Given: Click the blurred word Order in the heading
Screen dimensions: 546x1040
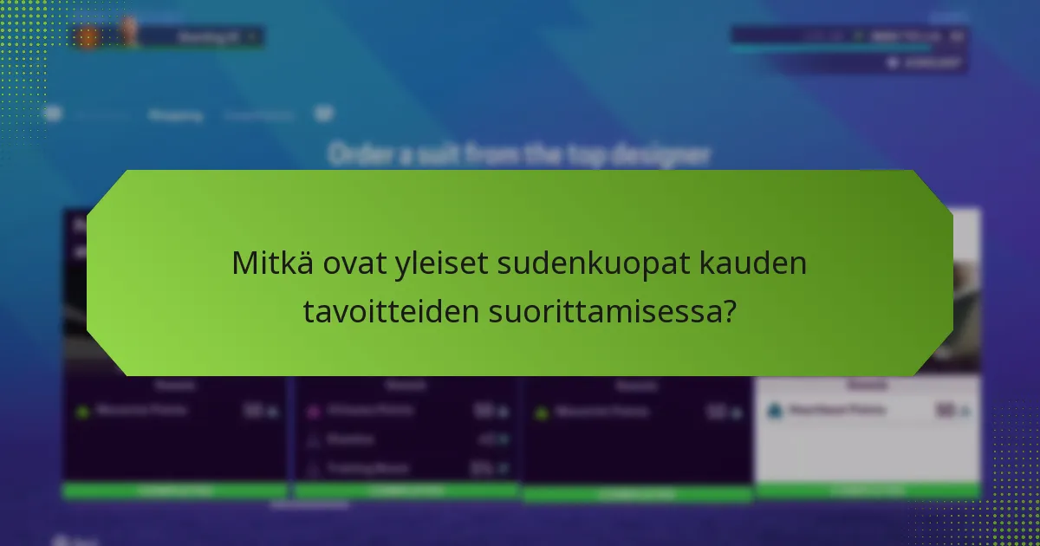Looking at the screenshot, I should [x=357, y=155].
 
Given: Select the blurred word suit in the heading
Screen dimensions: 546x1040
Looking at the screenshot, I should [x=443, y=155].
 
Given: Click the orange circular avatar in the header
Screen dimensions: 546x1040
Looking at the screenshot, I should [x=88, y=36].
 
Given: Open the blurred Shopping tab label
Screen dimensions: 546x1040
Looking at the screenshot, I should [x=174, y=114].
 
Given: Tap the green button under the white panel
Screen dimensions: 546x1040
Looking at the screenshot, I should [x=867, y=491].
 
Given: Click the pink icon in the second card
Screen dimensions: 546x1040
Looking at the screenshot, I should [x=313, y=411].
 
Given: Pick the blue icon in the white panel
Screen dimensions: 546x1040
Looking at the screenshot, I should [x=775, y=411].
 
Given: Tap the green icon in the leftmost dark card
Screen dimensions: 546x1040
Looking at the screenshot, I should [x=82, y=412].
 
